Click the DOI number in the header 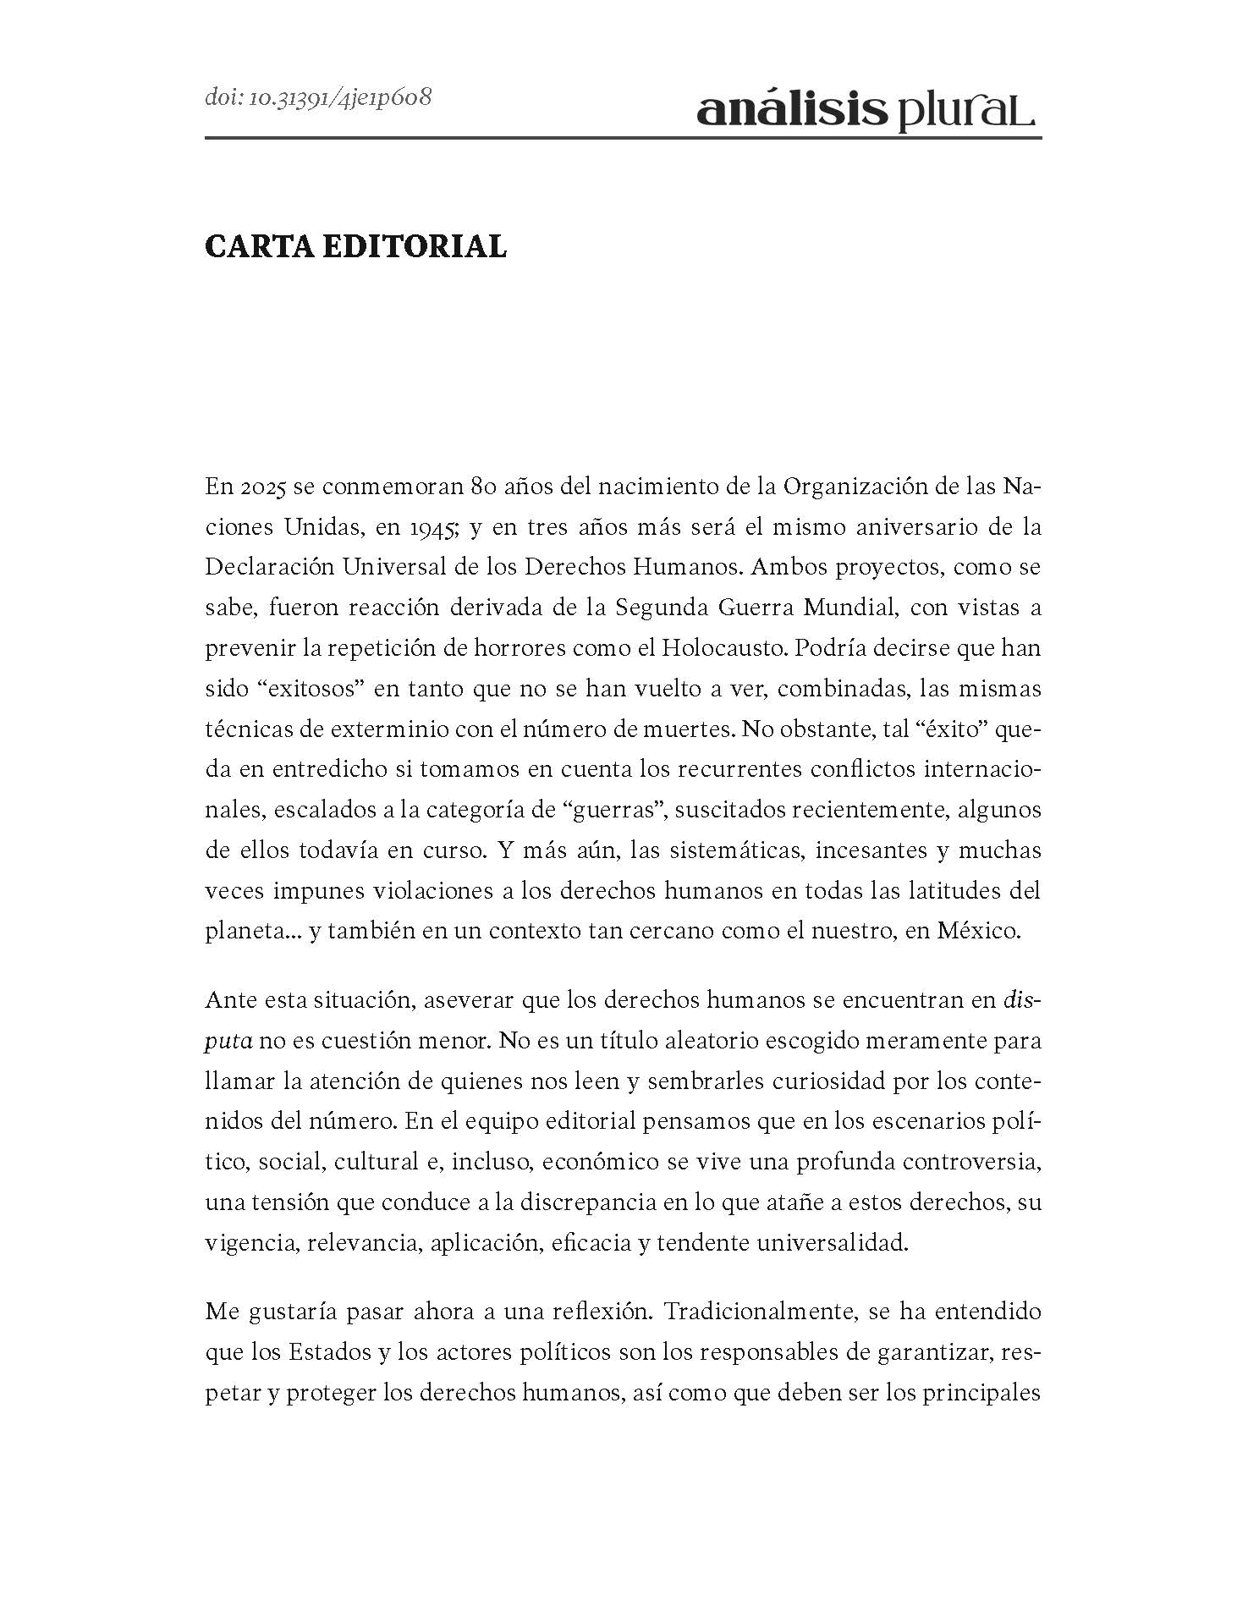(318, 97)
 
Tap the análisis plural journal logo (866, 111)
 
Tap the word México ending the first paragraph (978, 931)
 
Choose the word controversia (970, 1161)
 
